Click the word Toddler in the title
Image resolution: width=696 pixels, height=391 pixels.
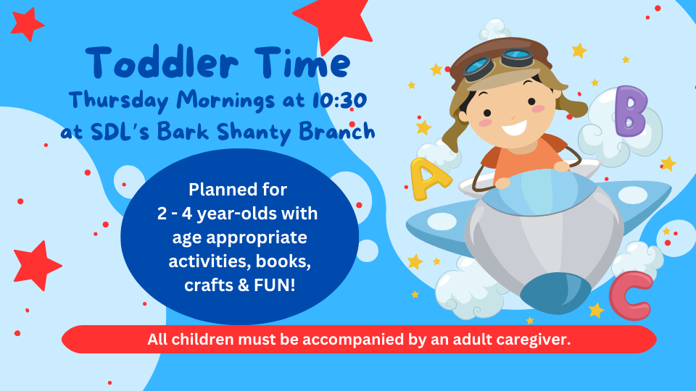(x=162, y=62)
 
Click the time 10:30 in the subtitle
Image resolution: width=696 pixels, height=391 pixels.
(x=339, y=100)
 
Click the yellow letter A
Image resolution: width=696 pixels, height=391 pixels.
(x=428, y=179)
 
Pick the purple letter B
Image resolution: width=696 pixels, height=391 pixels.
(x=631, y=111)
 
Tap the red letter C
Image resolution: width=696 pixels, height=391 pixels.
(x=631, y=295)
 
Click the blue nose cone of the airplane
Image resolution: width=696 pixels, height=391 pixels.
(x=555, y=293)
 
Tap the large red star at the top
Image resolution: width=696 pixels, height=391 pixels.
(x=333, y=23)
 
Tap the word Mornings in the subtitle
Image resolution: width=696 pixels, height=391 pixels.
(x=225, y=100)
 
